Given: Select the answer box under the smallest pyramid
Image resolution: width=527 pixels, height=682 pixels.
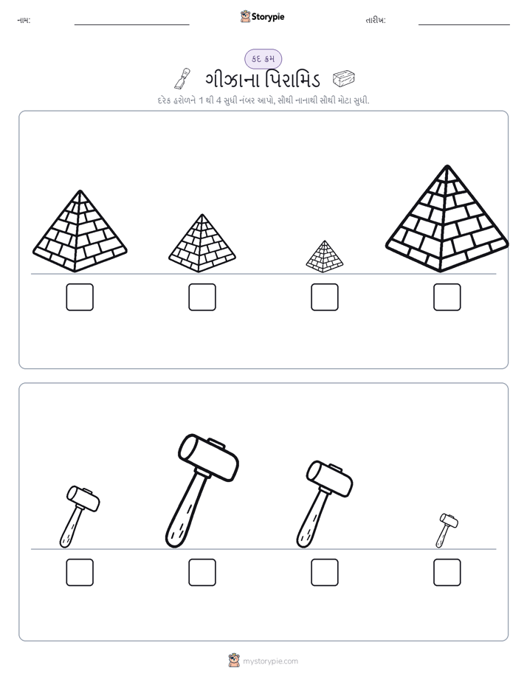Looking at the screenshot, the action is [324, 297].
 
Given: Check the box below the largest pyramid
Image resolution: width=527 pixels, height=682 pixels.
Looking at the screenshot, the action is [447, 297].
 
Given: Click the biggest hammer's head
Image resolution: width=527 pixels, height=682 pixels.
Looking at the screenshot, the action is [209, 457].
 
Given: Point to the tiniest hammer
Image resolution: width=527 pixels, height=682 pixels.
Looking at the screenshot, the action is [447, 530].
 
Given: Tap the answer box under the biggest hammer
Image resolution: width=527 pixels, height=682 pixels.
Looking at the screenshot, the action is [202, 573].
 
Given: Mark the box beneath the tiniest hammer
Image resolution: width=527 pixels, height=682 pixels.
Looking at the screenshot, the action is [447, 573].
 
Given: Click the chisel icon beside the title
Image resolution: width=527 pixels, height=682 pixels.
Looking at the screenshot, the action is [182, 78].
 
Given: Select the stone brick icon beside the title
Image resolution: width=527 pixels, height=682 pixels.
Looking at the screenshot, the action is [343, 79].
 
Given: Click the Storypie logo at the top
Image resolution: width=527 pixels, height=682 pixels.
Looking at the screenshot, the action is [262, 16].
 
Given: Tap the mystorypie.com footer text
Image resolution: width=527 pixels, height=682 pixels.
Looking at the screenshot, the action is [270, 661].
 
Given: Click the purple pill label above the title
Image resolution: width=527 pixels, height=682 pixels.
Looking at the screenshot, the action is [263, 59].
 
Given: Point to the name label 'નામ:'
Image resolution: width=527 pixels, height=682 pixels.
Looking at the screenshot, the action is [24, 20].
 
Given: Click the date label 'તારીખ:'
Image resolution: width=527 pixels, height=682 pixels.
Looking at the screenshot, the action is [376, 20].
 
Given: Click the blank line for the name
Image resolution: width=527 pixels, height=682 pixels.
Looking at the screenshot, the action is [131, 25].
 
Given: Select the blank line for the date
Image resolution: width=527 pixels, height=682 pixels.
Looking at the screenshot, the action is [464, 25].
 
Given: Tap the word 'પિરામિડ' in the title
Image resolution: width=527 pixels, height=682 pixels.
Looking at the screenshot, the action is [292, 79].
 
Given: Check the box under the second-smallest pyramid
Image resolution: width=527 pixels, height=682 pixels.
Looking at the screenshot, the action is [202, 297].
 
